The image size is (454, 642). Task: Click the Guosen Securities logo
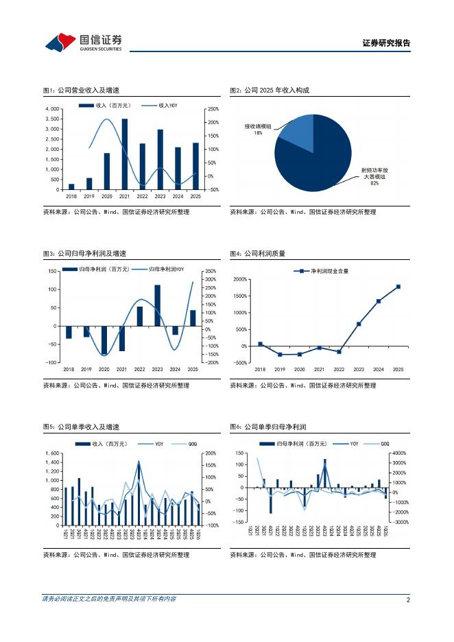coord(83,43)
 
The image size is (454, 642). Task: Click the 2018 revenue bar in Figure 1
coord(71,187)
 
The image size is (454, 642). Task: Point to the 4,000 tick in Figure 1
coord(52,109)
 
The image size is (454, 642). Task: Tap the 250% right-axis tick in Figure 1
coord(213,109)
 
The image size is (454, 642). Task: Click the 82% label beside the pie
coord(374,183)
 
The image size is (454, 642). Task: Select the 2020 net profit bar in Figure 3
coord(104,340)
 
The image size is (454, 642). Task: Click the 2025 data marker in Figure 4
coord(398,287)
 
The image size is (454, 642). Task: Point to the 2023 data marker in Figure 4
coord(359,324)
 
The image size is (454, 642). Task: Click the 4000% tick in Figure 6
coord(399,453)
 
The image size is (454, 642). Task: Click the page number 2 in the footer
coord(408,599)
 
